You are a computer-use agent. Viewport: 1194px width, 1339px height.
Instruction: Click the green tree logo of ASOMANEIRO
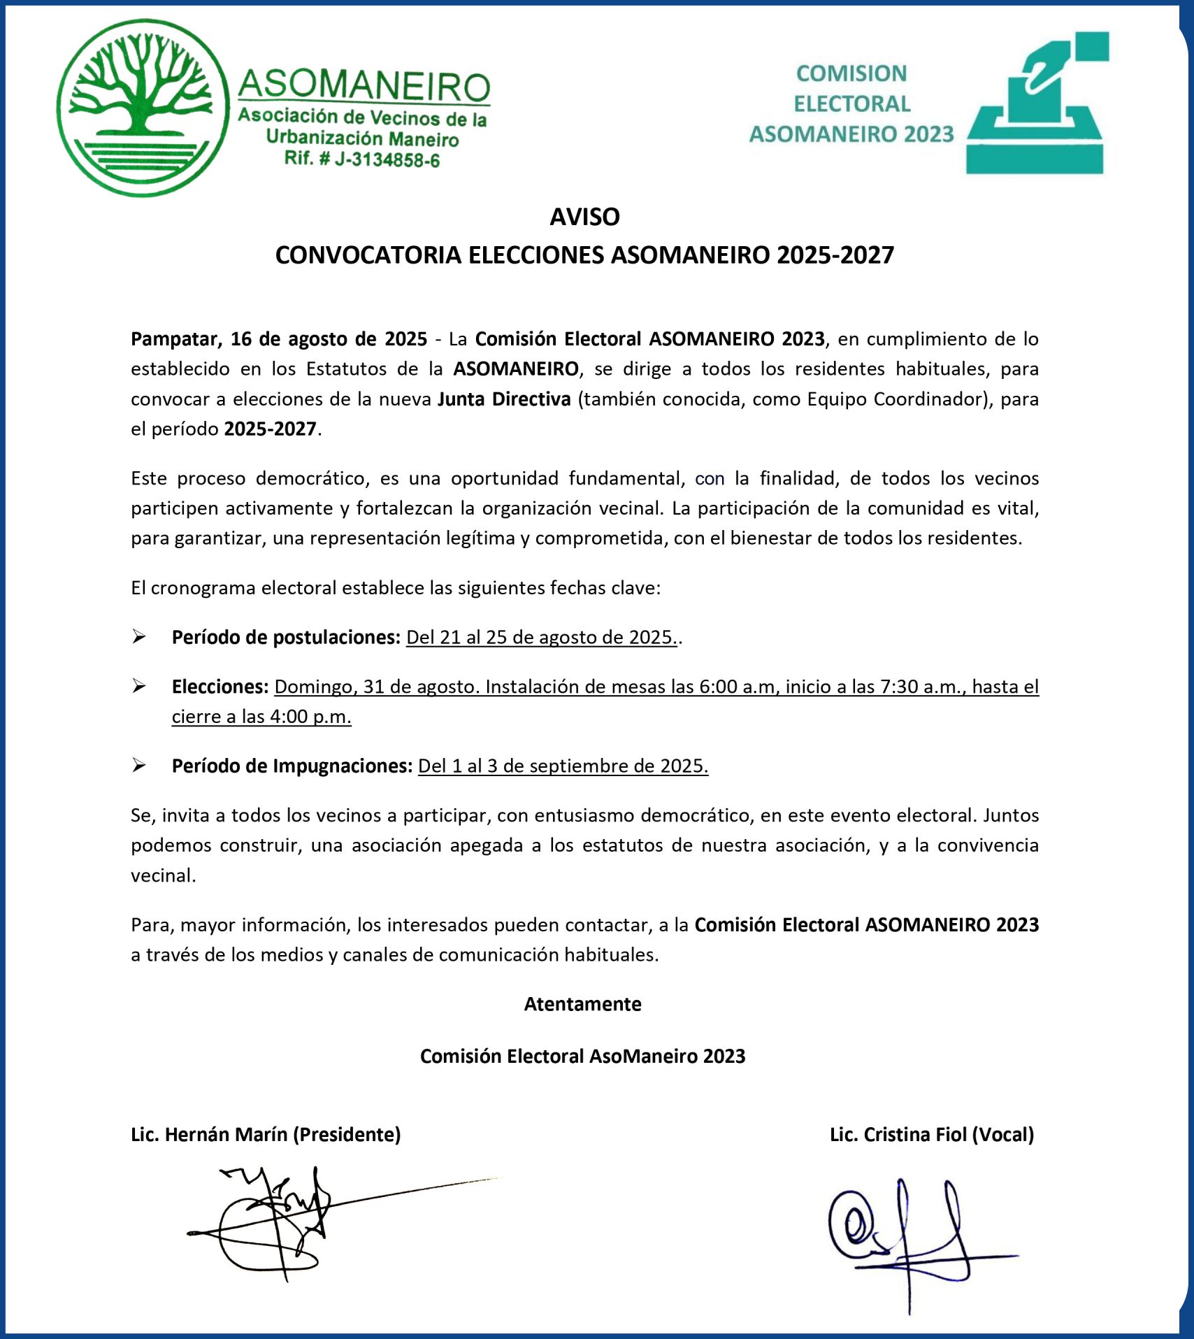pos(143,107)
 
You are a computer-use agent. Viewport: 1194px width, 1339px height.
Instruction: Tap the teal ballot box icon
pos(1036,105)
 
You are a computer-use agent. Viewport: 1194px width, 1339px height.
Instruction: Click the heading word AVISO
pos(584,217)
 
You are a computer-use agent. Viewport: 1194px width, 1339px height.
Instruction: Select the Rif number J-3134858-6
pos(387,160)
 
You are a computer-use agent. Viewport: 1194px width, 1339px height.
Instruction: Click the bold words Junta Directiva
pos(504,399)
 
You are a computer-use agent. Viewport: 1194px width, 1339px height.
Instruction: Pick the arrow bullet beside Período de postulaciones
pos(139,637)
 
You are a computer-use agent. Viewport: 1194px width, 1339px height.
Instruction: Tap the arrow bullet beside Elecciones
pos(139,687)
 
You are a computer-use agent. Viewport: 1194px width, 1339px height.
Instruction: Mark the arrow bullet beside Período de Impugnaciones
pos(139,766)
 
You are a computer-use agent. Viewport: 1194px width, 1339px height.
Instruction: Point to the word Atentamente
pos(582,1004)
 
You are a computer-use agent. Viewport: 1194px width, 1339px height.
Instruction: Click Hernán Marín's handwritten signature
pos(280,1220)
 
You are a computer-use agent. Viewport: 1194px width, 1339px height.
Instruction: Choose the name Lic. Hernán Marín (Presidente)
pos(266,1134)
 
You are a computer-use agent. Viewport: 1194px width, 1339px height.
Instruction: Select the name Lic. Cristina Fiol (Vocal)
pos(931,1134)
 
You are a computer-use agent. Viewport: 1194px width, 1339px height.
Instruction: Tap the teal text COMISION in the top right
pos(851,73)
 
